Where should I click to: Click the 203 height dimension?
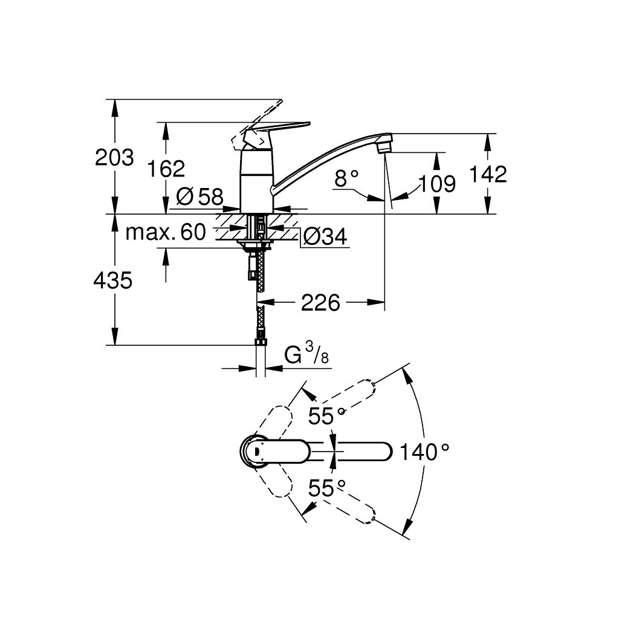point(114,157)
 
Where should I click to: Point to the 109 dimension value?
point(438,183)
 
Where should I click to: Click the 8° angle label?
point(346,178)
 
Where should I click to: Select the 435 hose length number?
point(114,280)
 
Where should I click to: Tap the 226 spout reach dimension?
point(320,302)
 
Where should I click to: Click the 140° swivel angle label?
point(424,452)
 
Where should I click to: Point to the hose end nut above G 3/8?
point(261,343)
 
